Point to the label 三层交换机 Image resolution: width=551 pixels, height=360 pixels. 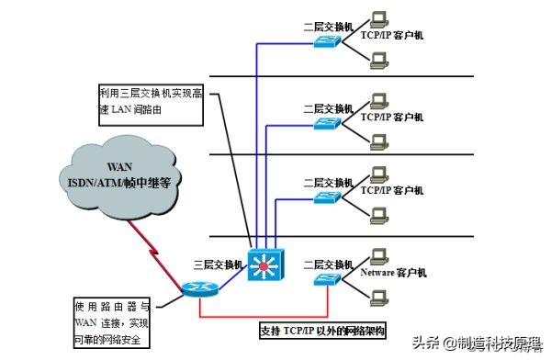(219, 264)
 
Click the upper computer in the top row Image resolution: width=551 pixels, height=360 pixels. (377, 19)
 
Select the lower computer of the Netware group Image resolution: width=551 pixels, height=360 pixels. (377, 297)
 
